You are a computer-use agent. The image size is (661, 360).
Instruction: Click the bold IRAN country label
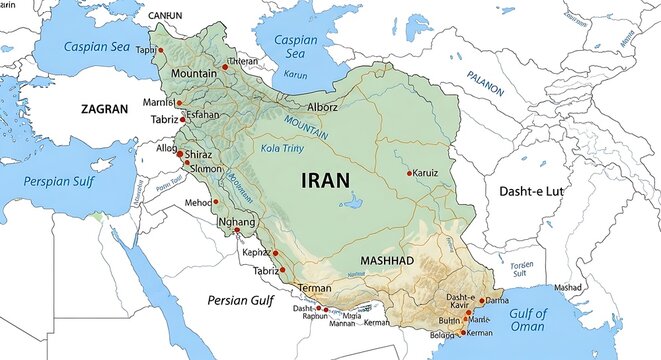pos(325,181)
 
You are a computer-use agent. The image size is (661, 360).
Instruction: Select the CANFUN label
pos(165,16)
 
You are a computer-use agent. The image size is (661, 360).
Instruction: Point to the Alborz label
pos(322,107)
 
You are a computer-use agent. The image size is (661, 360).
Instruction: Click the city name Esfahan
pos(203,115)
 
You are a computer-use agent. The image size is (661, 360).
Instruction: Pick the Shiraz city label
pos(203,154)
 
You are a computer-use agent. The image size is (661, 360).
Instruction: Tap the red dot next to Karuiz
pos(409,173)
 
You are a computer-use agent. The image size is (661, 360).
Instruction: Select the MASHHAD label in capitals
pos(386,260)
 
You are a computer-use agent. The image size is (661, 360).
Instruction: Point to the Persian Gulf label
pos(240,300)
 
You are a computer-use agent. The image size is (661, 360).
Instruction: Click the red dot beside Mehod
pos(215,202)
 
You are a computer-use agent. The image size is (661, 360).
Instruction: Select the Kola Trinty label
pos(282,148)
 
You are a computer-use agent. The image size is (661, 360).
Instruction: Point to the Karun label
pos(296,74)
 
